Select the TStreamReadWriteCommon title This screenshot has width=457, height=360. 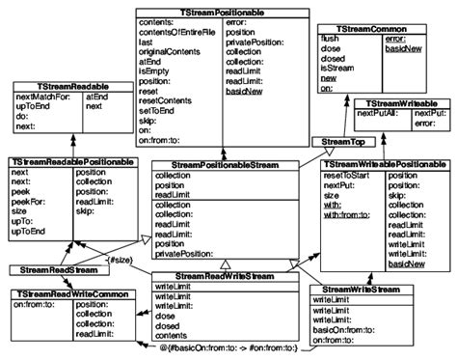(69, 292)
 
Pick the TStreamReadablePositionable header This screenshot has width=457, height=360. (72, 163)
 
